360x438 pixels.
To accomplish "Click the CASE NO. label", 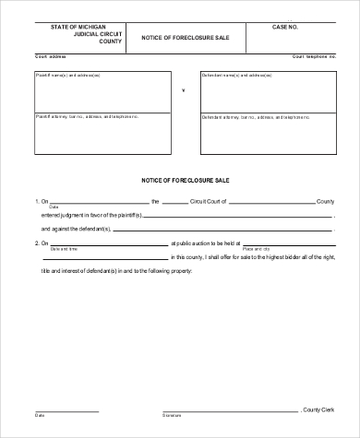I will point(287,29).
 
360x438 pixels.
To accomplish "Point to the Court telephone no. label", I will point(313,56).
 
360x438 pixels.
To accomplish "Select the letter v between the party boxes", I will point(183,90).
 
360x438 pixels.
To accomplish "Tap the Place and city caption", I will point(258,249).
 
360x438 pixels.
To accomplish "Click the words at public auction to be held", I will point(207,243).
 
